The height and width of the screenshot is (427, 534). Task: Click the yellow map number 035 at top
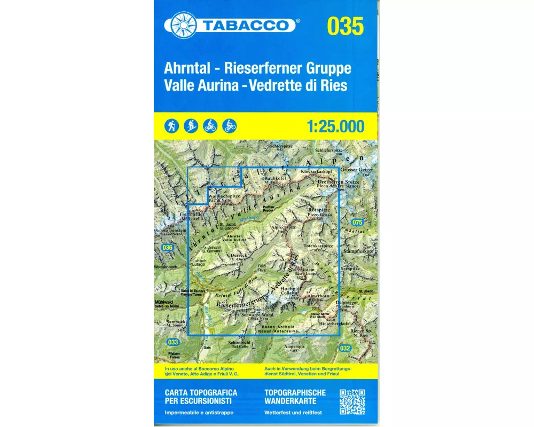click(345, 26)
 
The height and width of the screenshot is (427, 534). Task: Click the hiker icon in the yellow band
click(171, 126)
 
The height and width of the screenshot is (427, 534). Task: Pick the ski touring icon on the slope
click(191, 126)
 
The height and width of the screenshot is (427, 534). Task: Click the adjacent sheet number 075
click(357, 222)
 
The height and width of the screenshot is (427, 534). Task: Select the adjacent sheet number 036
click(168, 247)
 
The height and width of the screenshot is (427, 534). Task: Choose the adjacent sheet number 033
click(172, 342)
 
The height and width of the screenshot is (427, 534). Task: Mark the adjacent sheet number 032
click(345, 349)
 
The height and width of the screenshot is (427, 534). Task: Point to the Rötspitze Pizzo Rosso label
click(320, 212)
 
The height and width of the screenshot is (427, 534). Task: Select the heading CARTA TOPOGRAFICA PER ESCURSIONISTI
click(201, 397)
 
